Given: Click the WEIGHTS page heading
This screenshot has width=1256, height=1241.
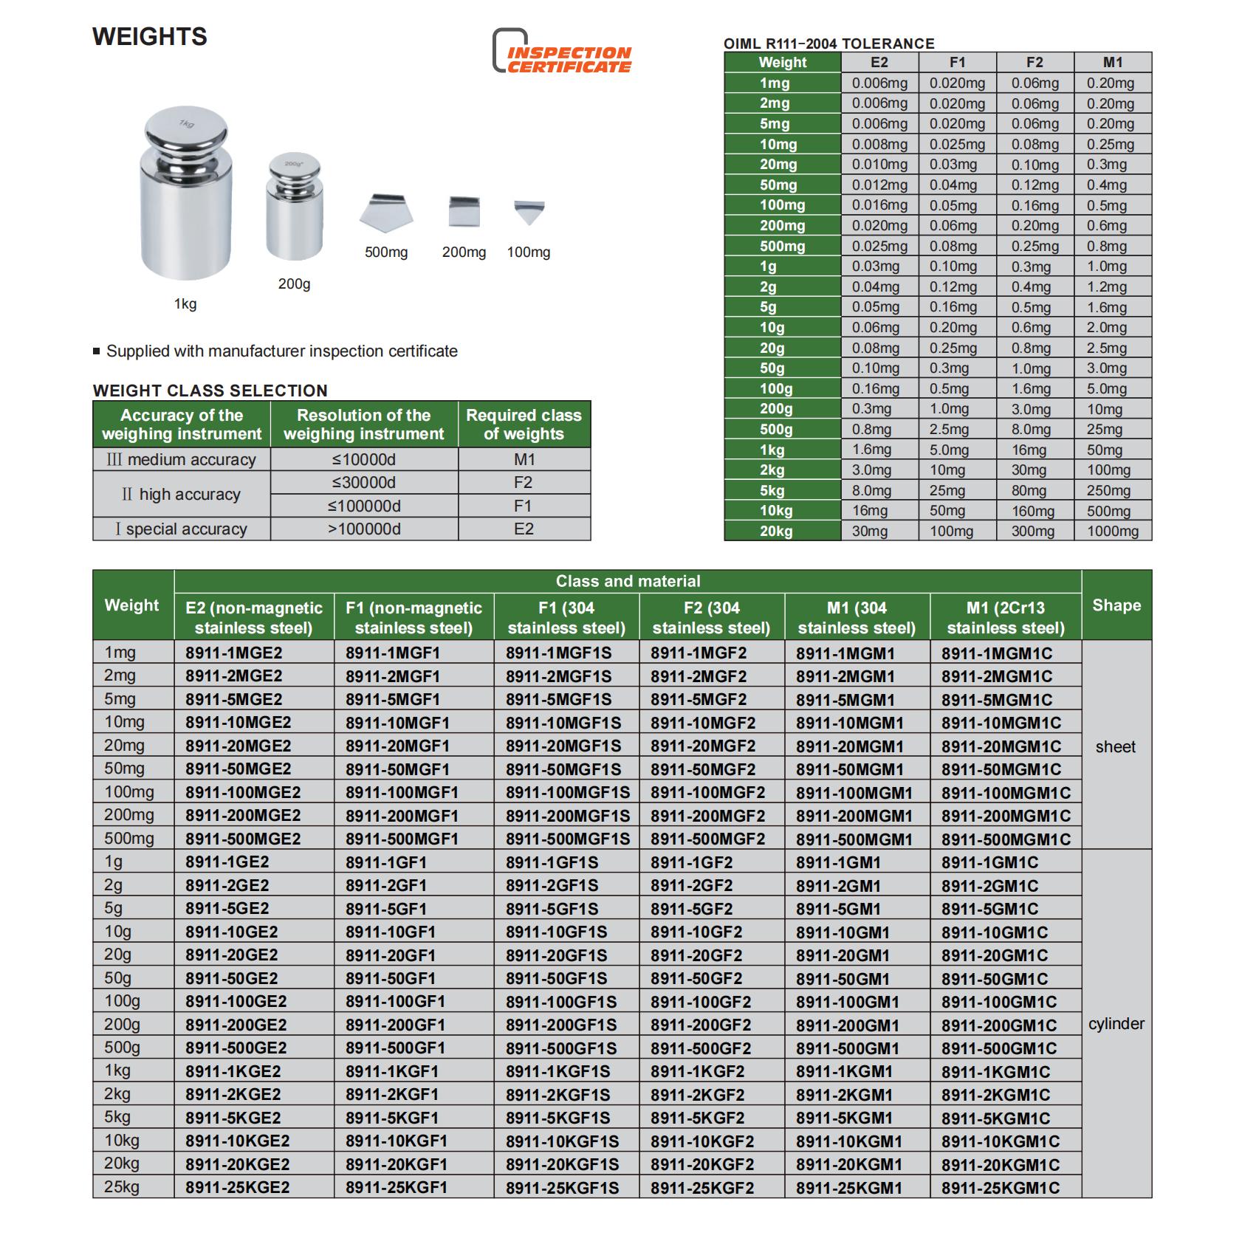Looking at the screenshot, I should [x=150, y=37].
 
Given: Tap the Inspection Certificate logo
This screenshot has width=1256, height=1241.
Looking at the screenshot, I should [x=563, y=52].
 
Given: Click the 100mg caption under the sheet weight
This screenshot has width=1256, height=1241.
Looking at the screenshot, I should [x=528, y=252].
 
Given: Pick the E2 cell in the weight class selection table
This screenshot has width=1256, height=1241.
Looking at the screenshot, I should [x=524, y=529].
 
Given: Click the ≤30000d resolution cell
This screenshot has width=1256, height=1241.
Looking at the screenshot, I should [x=363, y=483].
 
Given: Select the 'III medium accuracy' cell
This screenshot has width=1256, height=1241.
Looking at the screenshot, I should [x=182, y=459].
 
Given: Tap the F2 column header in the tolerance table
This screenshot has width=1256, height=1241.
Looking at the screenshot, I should [x=1034, y=63].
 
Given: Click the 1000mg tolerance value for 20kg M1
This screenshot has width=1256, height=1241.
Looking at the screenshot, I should [x=1112, y=531].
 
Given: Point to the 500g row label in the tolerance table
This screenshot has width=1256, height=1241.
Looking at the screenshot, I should [x=776, y=430].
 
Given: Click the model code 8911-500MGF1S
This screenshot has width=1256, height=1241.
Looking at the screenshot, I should [x=567, y=839].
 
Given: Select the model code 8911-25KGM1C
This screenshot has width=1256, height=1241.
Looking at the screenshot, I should [x=1000, y=1188].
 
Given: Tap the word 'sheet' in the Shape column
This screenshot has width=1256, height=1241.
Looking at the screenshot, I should [x=1116, y=746].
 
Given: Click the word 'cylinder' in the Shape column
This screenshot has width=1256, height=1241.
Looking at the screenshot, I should [x=1116, y=1024].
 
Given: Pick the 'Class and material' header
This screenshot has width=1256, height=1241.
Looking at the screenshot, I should [x=628, y=581].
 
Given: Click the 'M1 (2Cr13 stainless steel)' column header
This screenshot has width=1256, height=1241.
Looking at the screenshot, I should [x=1005, y=618].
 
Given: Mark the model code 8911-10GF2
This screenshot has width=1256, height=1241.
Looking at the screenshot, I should [x=696, y=932].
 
